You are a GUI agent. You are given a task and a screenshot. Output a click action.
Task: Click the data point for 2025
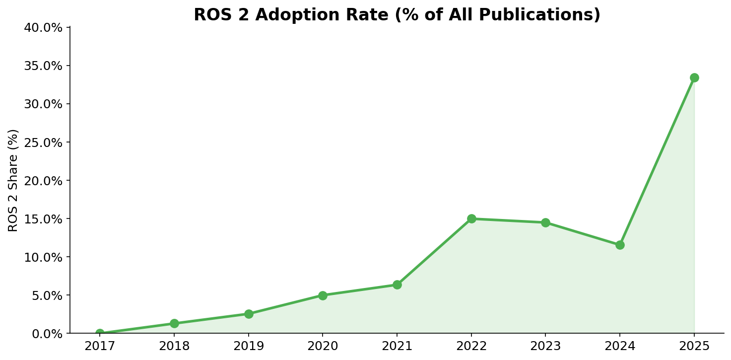(694, 77)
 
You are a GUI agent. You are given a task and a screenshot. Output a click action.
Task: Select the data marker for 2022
(471, 218)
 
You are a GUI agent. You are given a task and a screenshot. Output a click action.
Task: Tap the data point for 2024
(619, 245)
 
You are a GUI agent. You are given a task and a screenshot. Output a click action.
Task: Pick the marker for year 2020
(323, 295)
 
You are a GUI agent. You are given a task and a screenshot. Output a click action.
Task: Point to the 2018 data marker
(174, 323)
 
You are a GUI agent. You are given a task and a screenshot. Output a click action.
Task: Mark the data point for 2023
(545, 222)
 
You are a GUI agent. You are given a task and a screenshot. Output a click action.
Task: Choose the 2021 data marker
(397, 285)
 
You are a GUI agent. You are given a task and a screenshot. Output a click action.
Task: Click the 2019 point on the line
(249, 314)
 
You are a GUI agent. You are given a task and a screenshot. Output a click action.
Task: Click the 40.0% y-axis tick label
(43, 27)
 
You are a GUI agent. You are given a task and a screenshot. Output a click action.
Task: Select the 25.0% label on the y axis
(43, 143)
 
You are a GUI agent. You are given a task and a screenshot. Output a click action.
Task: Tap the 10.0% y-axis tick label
(43, 257)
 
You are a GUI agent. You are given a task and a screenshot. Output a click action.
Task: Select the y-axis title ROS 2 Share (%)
(13, 180)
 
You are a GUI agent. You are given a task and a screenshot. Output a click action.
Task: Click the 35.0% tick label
(43, 66)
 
